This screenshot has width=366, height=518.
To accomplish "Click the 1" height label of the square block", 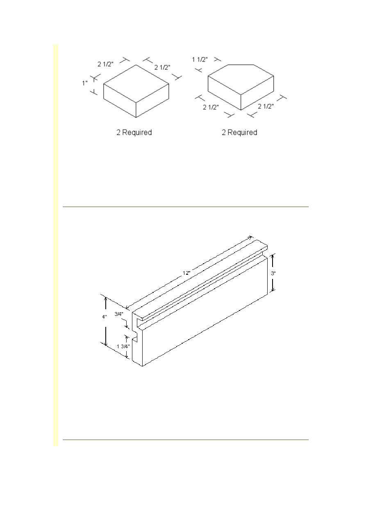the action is click(x=85, y=83).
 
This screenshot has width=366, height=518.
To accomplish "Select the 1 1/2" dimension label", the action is click(x=200, y=59).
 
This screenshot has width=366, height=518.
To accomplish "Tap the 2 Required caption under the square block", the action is click(x=134, y=132).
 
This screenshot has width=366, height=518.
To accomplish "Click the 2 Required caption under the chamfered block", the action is click(x=239, y=132).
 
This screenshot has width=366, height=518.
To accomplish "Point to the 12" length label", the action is click(x=186, y=273).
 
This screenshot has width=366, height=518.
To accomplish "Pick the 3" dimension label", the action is click(x=273, y=273).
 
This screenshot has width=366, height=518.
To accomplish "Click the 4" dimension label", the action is click(x=105, y=317).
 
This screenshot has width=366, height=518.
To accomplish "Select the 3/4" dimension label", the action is click(x=119, y=314).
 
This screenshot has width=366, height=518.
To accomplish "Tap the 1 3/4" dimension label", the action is click(x=123, y=346).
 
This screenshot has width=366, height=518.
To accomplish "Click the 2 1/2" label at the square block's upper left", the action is click(x=106, y=64).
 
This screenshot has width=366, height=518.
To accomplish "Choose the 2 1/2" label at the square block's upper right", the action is click(x=162, y=67).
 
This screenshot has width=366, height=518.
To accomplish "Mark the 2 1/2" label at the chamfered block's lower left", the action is click(x=211, y=107).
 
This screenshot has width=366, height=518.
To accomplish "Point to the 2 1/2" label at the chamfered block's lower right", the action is click(x=266, y=106).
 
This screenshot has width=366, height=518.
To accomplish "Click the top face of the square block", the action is click(x=136, y=84).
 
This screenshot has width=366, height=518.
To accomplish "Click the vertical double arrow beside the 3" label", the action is click(x=273, y=272).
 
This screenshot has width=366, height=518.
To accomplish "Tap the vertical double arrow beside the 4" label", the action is click(x=106, y=321).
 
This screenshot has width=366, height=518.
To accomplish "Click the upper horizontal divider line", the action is click(x=186, y=207).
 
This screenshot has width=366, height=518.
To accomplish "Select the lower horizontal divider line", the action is click(x=186, y=440).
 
